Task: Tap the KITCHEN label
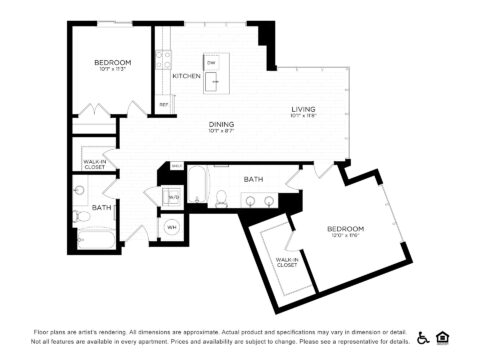pyautogui.click(x=186, y=76)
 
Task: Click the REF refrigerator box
pyautogui.click(x=163, y=104)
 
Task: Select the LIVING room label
pyautogui.click(x=303, y=110)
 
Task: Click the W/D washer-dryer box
pyautogui.click(x=173, y=198)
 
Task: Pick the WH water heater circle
pyautogui.click(x=171, y=227)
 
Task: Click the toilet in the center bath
pyautogui.click(x=222, y=201)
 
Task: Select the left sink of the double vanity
pyautogui.click(x=250, y=202)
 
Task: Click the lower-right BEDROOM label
pyautogui.click(x=345, y=229)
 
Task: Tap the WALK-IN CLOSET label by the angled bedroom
pyautogui.click(x=286, y=262)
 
